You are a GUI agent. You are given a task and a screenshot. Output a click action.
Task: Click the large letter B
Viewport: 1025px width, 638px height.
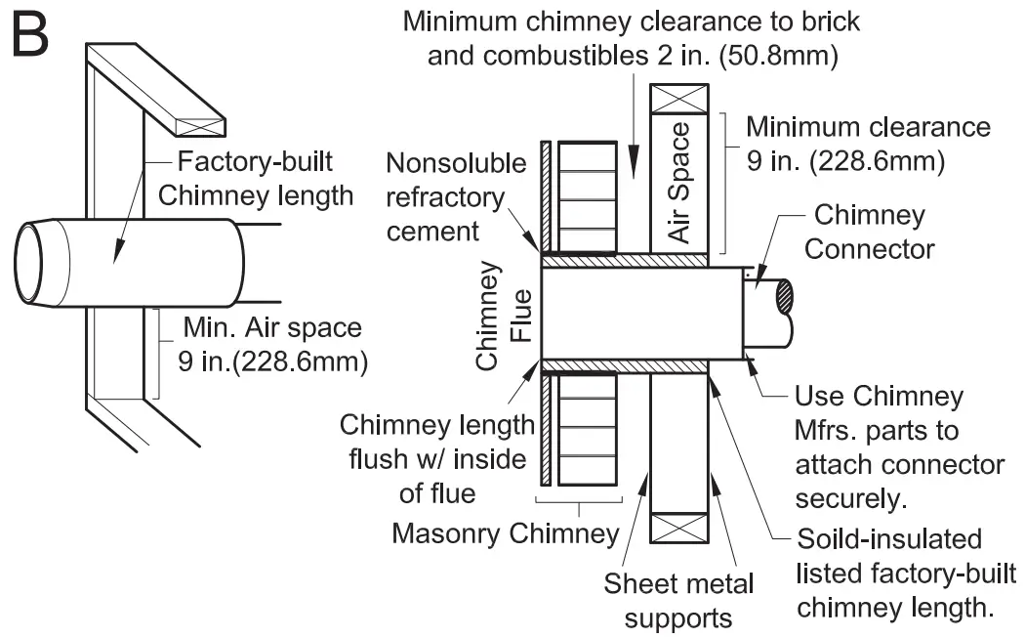(x=29, y=36)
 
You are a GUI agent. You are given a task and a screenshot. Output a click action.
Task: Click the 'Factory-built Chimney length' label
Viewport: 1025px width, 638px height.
(x=255, y=178)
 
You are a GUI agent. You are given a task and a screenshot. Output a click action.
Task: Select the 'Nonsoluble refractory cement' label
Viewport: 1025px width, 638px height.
(x=456, y=196)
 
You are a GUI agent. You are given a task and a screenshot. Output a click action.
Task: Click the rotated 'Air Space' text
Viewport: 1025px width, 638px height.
(x=679, y=183)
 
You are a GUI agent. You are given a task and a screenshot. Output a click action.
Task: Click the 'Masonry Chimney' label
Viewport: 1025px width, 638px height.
(x=505, y=533)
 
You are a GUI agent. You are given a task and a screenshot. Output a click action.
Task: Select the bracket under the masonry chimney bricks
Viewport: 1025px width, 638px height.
(x=580, y=506)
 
